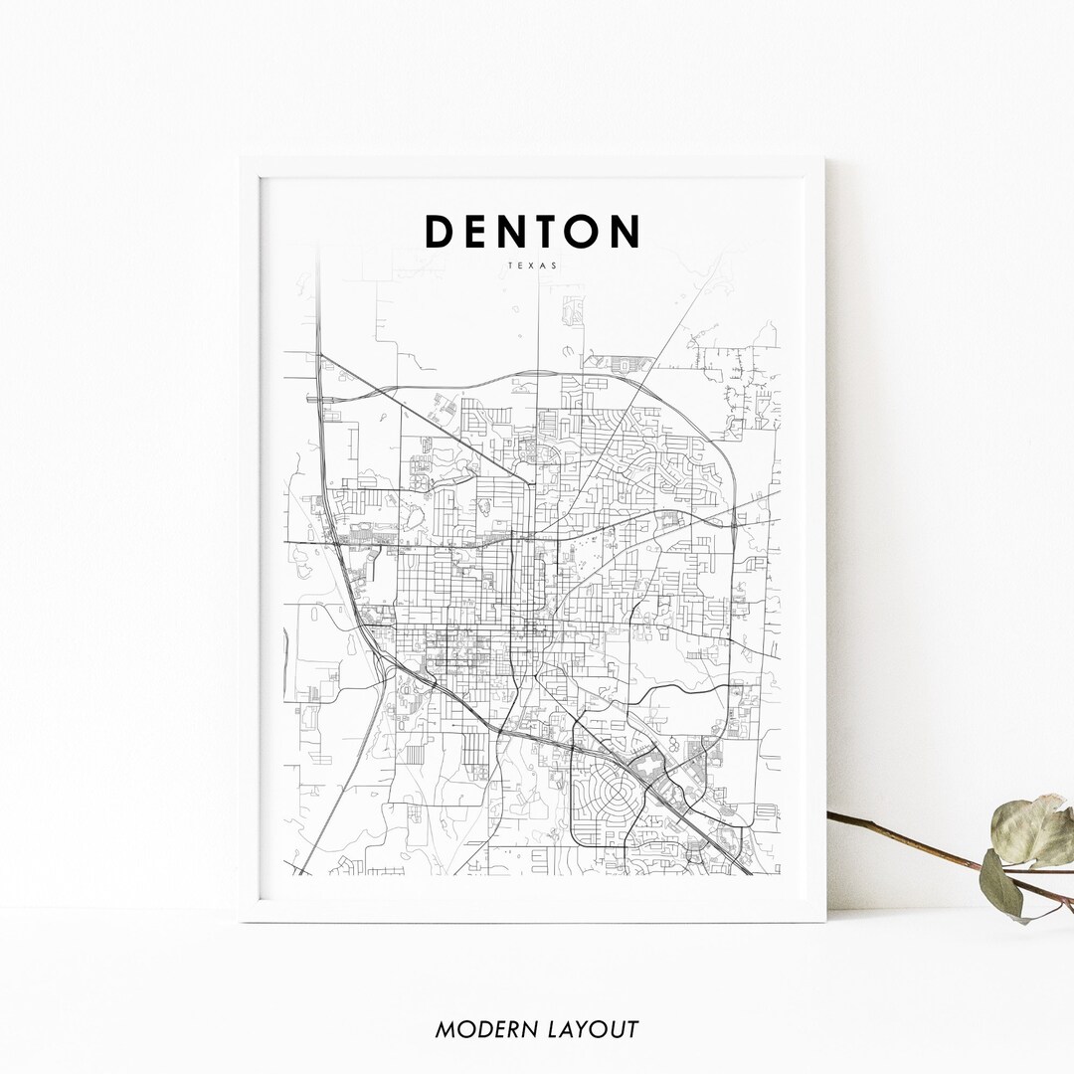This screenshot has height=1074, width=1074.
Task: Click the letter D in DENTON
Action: point(441,231)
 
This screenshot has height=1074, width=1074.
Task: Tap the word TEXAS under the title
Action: point(533,267)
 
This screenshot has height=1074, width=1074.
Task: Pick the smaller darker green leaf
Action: point(1000,884)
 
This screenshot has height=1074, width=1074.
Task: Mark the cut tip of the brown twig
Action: point(830,815)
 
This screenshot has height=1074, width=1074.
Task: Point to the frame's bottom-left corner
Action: point(241,921)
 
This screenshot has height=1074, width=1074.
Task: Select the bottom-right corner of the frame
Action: point(824,921)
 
